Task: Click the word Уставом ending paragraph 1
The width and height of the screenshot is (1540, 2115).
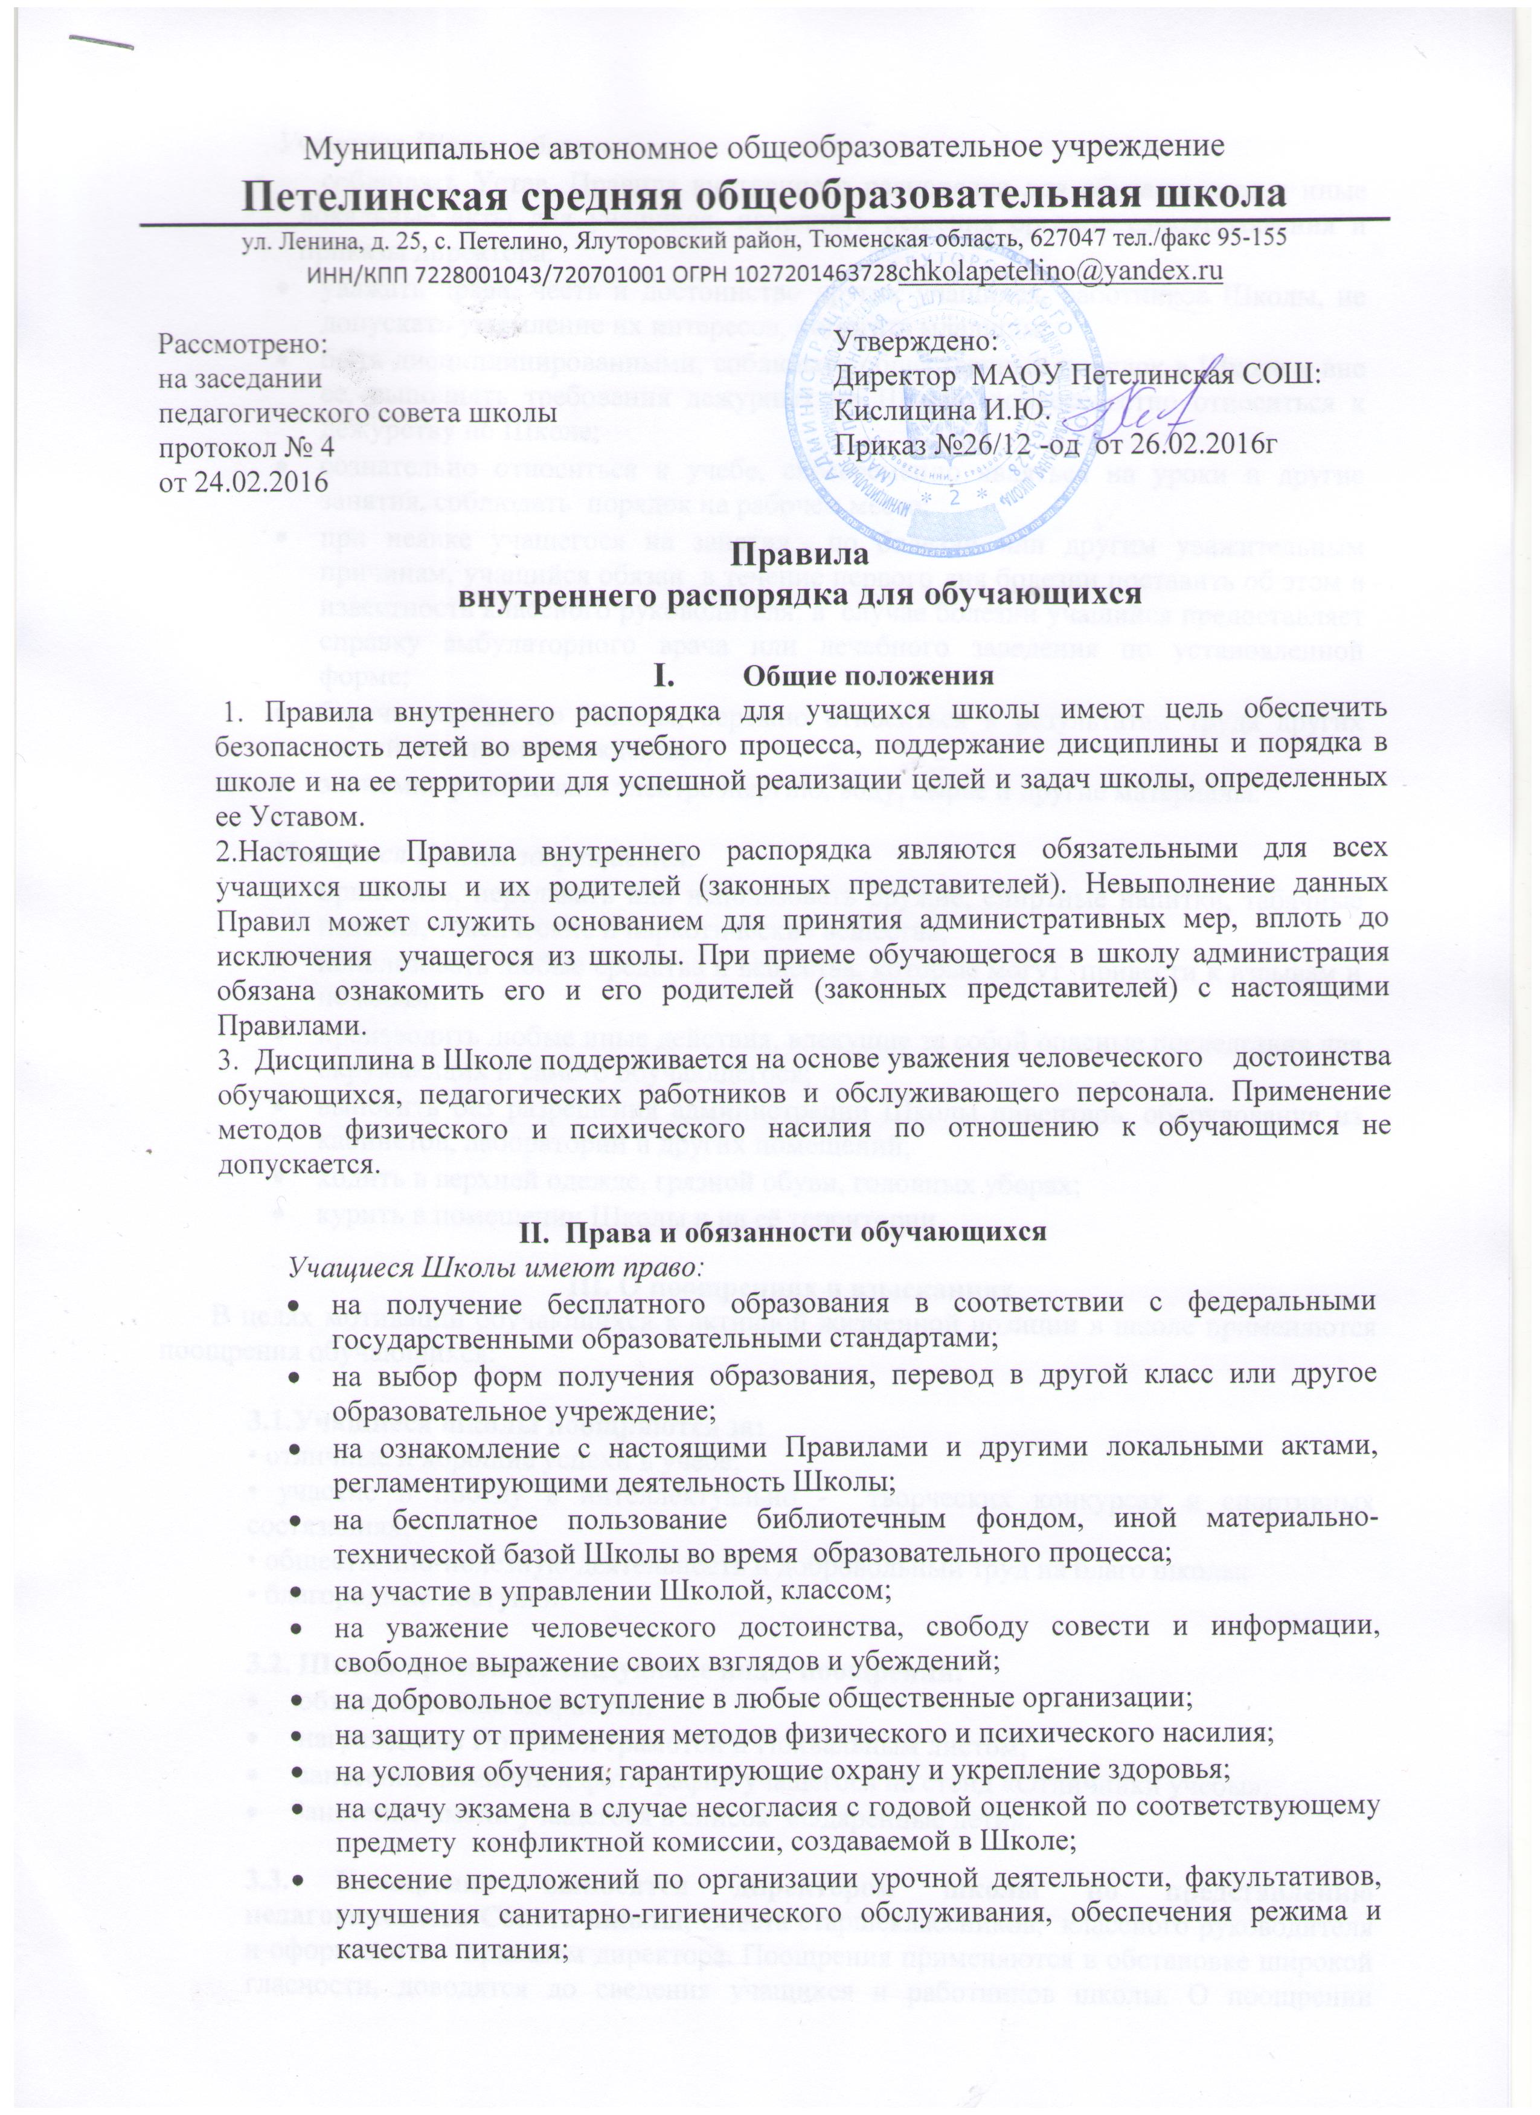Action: tap(285, 817)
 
